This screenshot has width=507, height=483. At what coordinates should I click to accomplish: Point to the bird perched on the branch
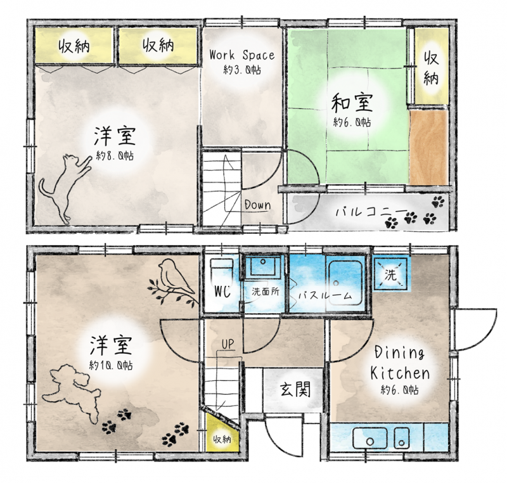[173, 281]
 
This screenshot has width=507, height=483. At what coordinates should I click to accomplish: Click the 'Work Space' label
[242, 55]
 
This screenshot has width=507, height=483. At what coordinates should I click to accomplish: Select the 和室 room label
[352, 102]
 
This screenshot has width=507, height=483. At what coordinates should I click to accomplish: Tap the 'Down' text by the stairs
[258, 205]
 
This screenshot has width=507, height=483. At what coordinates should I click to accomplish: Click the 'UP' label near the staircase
[228, 344]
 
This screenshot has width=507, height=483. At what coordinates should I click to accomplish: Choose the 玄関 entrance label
[295, 389]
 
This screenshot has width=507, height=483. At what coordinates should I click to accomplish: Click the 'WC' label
[223, 292]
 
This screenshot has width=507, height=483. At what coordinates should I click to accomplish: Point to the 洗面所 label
[266, 292]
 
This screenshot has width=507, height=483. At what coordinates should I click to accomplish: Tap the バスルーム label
[325, 295]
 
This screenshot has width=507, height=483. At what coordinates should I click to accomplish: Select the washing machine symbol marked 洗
[390, 273]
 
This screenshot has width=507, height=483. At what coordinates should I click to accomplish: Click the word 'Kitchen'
[400, 373]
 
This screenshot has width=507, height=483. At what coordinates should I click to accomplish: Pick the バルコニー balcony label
[371, 212]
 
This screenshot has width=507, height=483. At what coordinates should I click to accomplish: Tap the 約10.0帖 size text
[111, 366]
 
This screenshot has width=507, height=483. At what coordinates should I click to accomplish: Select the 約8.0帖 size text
[115, 156]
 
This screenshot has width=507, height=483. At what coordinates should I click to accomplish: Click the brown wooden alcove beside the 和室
[429, 148]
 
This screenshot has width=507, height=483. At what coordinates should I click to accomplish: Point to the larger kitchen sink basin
[370, 439]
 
